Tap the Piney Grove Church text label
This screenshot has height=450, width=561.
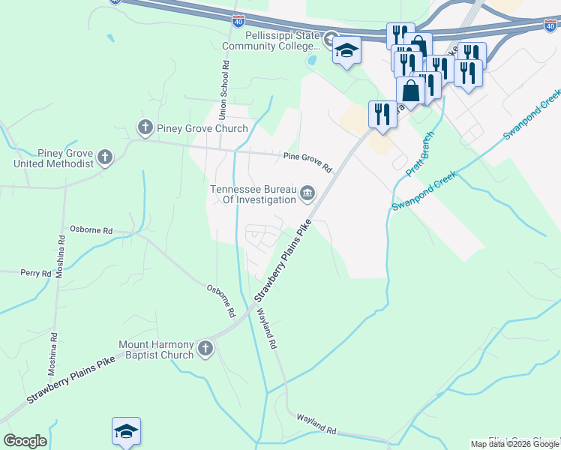coord(202,128)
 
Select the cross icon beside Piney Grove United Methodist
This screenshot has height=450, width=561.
coord(105,157)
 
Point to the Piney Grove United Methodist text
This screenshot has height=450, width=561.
coord(46,157)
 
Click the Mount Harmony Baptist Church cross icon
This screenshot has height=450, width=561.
coord(205,348)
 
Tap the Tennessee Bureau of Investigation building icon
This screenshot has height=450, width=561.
coord(307,195)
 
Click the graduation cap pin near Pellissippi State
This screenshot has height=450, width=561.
coord(346,51)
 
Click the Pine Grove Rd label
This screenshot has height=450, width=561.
coord(307,162)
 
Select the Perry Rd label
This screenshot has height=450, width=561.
coord(35,274)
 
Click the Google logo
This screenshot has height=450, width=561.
coord(25,441)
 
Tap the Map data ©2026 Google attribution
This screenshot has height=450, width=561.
coord(514,444)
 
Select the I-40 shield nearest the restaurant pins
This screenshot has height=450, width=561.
coord(550,25)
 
